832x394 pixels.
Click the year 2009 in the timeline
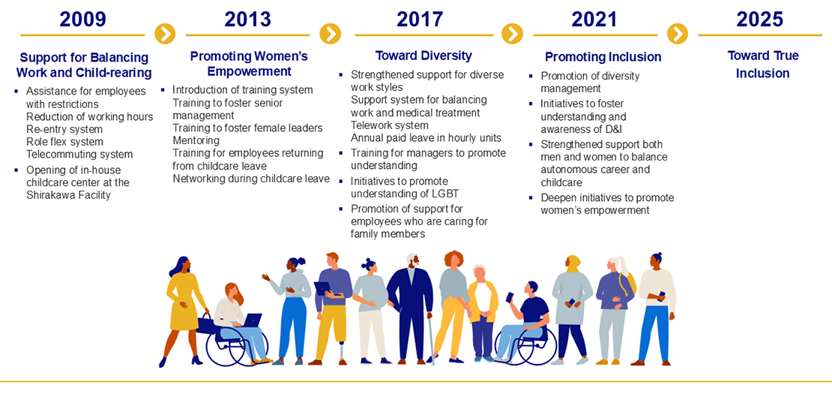82,19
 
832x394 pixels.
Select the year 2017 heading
420,19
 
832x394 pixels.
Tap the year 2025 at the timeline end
759,19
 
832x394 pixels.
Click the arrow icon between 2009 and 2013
165,35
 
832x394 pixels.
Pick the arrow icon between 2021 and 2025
678,35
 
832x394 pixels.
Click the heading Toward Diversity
423,56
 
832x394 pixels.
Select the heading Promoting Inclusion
603,57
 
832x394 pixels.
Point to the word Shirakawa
49,195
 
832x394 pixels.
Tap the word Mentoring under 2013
196,141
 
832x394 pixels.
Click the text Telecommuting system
79,155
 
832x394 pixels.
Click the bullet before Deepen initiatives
531,197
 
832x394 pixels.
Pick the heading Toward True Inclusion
762,65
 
